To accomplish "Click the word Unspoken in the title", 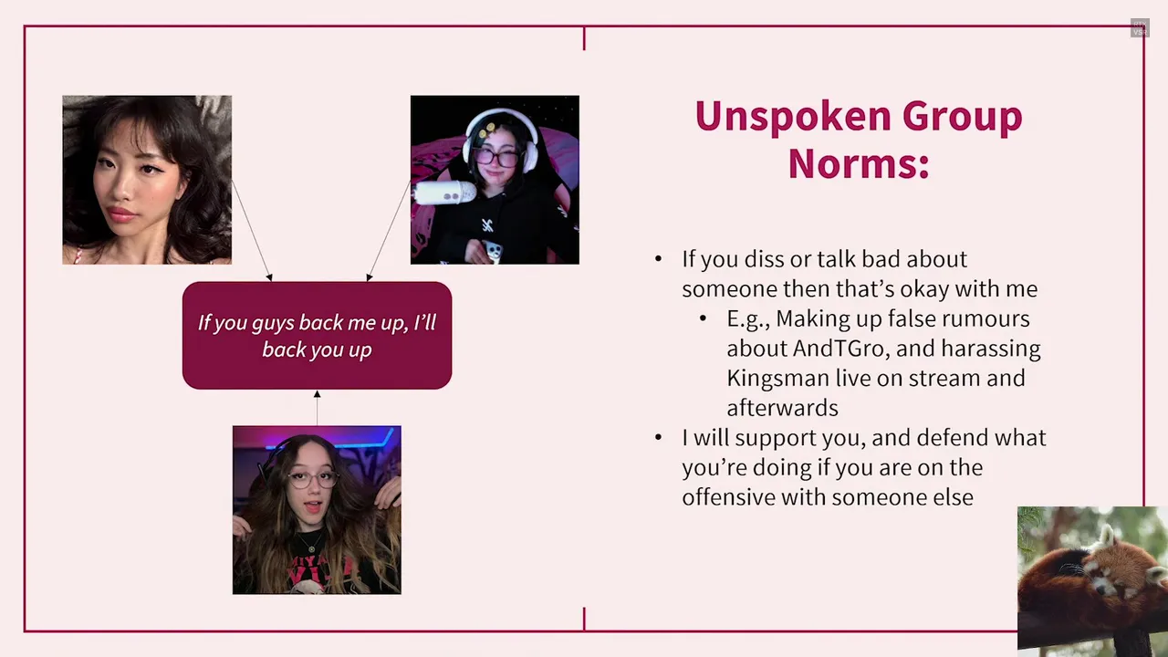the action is click(x=793, y=117).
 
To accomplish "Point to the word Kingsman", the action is click(x=778, y=379).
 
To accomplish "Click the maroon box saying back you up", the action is click(x=317, y=335).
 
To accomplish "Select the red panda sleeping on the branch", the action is click(x=1091, y=579).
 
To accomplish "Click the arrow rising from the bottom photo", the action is click(x=317, y=408).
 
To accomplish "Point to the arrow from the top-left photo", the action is click(x=252, y=231).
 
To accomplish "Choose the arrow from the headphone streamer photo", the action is click(x=389, y=231).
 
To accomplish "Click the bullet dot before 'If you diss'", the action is click(x=659, y=258).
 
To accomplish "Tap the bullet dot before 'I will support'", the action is click(x=659, y=437).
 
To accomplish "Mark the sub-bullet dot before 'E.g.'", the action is click(x=703, y=318).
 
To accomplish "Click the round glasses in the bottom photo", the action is click(x=313, y=480).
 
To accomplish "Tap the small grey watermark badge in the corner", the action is click(x=1140, y=28).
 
